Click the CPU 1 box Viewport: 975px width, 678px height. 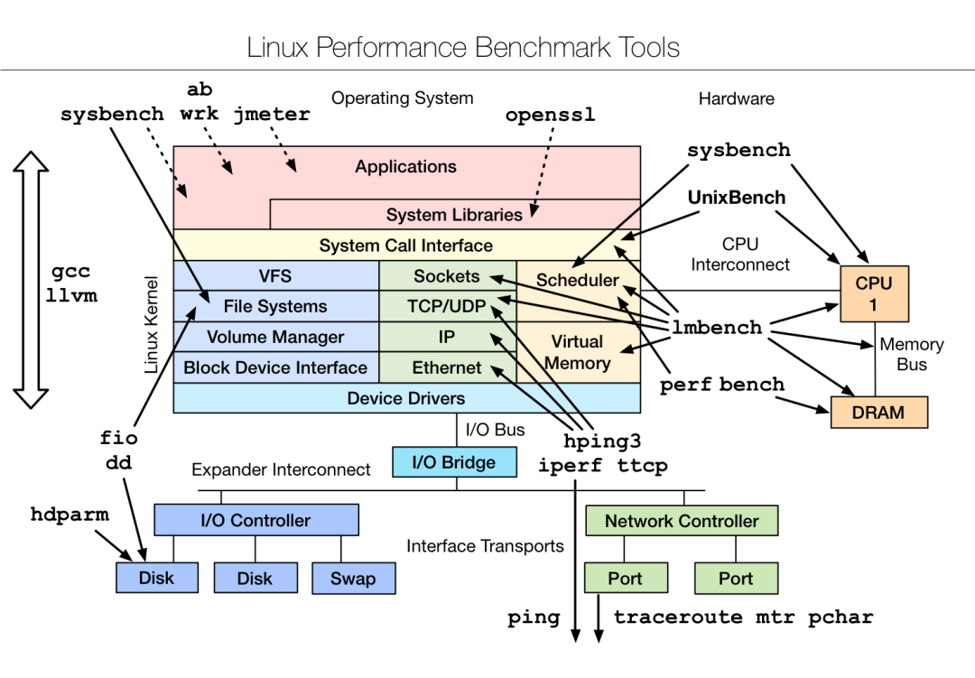(873, 293)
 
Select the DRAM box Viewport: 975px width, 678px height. (878, 412)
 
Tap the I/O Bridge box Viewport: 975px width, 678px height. (454, 462)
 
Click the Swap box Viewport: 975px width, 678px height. (353, 578)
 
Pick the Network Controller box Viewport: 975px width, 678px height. (682, 520)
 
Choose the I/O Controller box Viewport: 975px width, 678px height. (255, 520)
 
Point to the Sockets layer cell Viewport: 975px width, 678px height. (447, 276)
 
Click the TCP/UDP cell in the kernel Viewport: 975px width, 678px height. (447, 306)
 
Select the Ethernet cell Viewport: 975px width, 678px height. (447, 367)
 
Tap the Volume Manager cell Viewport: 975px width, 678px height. (275, 337)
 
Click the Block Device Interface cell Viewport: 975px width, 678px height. (275, 367)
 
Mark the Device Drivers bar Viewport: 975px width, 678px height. (406, 398)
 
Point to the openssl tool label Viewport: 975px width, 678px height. (550, 116)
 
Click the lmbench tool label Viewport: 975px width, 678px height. (718, 327)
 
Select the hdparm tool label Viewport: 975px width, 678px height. (70, 515)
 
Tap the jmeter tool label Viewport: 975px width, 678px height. (272, 115)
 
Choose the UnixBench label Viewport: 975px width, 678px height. (737, 197)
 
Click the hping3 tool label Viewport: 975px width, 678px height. (602, 441)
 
